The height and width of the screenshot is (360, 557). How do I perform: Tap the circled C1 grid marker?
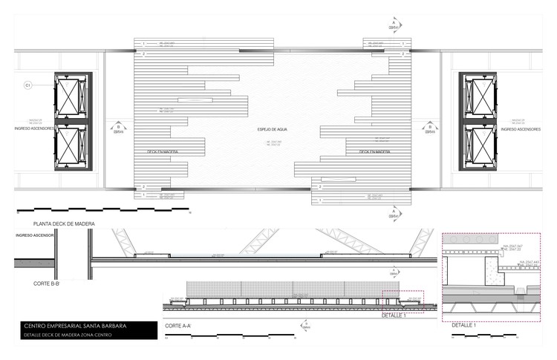[x=28, y=86]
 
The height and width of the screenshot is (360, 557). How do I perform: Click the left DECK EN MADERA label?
[x=165, y=151]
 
